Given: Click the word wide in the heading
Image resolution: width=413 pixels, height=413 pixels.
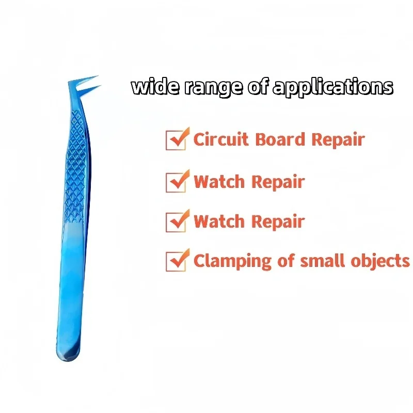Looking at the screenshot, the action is tap(156, 86).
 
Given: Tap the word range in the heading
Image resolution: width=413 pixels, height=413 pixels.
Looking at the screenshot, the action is tap(213, 88).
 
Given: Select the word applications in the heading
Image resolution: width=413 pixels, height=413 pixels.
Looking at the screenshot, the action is tap(333, 87).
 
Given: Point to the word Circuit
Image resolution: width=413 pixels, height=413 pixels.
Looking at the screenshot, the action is tap(221, 139).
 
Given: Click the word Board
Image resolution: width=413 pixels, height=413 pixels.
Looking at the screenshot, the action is tap(280, 139).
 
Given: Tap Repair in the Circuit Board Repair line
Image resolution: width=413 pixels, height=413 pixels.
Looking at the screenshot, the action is tap(338, 139).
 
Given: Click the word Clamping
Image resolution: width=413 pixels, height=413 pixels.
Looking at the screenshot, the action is tap(232, 261).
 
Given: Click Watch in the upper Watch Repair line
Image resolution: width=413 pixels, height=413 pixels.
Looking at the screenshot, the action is tap(219, 182).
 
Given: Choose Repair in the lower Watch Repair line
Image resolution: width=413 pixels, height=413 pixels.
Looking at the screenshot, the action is tap(278, 222).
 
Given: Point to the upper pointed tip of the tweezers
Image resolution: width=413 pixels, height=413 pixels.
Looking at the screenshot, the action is tap(98, 76).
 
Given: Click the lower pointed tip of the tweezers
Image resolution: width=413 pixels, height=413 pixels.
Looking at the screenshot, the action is tap(101, 86).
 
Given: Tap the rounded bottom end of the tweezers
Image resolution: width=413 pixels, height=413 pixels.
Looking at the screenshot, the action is tap(68, 358).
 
